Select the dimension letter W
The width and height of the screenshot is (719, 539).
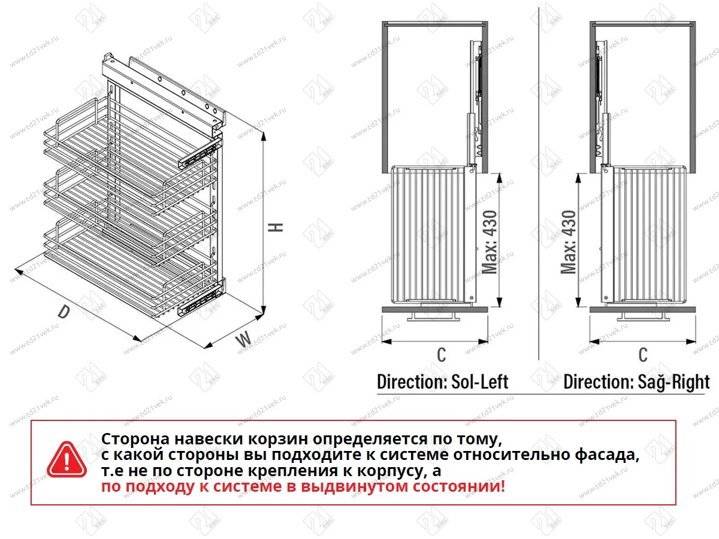pos(243,340)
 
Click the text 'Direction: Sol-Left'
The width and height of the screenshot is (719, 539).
pos(442,381)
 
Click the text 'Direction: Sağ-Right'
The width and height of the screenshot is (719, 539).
pos(636,381)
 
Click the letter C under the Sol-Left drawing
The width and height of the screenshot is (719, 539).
pos(441,355)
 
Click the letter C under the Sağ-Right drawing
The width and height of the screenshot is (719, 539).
pos(643,355)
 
